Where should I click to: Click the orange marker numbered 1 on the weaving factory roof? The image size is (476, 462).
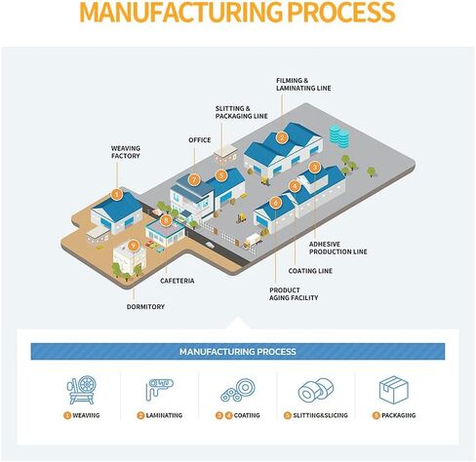tap(117, 195)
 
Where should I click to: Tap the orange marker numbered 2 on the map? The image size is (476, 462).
tap(282, 137)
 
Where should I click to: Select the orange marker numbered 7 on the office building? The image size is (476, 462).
tap(194, 179)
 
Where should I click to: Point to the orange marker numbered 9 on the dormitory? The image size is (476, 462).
tap(133, 246)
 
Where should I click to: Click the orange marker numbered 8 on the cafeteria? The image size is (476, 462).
tap(166, 220)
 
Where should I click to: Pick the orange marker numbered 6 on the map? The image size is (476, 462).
tap(275, 203)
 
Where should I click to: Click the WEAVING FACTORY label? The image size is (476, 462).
tap(126, 152)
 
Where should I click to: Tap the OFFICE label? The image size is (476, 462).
tap(200, 140)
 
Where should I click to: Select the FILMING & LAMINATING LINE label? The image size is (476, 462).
tap(303, 84)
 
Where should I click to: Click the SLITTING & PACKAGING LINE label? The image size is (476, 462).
tap(242, 112)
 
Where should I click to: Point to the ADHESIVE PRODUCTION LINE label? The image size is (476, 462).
tap(338, 248)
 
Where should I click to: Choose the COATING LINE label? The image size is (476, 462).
tap(310, 271)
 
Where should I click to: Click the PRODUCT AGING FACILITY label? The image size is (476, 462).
tap(294, 293)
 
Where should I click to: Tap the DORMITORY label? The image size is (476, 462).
tap(145, 306)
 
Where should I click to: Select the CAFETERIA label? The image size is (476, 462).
tap(178, 281)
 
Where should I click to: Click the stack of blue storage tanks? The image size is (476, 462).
tap(339, 135)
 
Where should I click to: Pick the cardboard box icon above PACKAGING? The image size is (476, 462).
tap(394, 390)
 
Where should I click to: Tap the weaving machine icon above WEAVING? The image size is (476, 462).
tap(82, 390)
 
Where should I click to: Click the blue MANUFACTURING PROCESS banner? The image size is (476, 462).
tap(238, 352)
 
